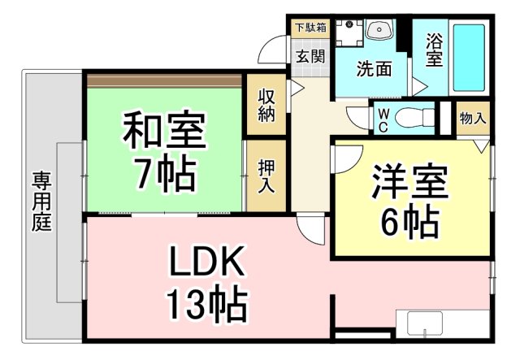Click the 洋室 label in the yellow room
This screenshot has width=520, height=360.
coord(410,180)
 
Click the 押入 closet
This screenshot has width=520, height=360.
coord(266,176)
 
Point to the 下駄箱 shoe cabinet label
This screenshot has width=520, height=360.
coord(310,27)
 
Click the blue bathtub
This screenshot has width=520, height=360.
coord(468,57)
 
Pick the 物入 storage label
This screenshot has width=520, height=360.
coord(473,118)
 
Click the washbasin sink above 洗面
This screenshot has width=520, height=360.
coord(378,31)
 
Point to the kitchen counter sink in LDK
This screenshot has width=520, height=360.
coord(424,332)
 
